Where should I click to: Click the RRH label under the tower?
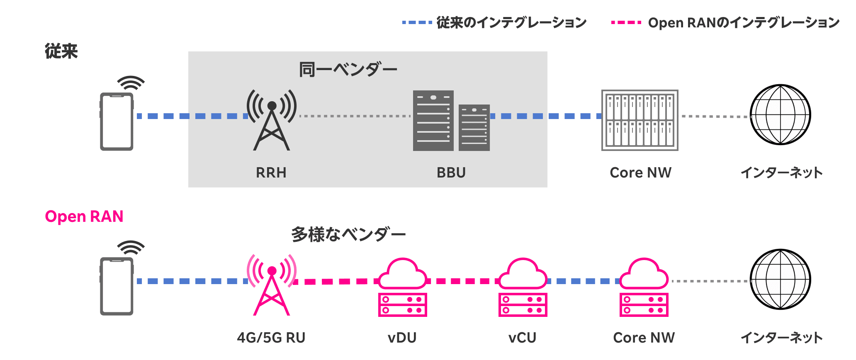click(271, 173)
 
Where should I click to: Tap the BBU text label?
click(451, 173)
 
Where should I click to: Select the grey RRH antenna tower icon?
click(272, 120)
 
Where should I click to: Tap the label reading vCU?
click(522, 338)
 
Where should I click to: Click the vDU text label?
click(402, 338)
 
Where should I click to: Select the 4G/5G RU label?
click(271, 338)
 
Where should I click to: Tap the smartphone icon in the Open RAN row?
click(117, 286)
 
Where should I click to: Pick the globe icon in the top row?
click(780, 115)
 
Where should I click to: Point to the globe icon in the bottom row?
click(780, 279)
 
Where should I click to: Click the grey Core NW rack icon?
click(640, 120)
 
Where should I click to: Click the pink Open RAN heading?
click(84, 216)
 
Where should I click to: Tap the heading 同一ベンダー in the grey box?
click(348, 70)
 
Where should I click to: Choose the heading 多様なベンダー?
click(348, 235)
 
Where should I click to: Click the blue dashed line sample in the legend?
click(417, 22)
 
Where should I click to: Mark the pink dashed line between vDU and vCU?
click(463, 281)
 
